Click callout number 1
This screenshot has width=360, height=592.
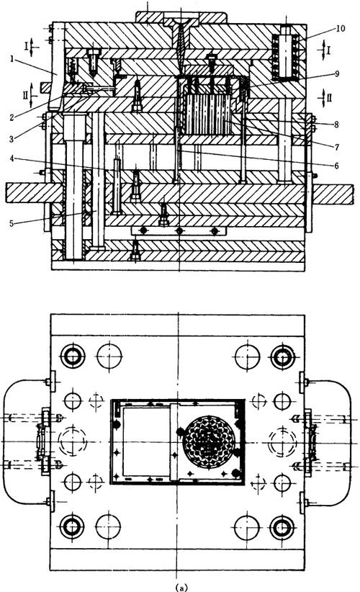(x=12, y=59)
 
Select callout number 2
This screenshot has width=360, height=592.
(x=12, y=117)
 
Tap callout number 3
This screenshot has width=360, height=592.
(x=12, y=139)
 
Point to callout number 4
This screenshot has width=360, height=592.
(x=12, y=158)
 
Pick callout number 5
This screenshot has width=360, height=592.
(x=12, y=223)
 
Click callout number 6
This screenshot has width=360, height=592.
(x=336, y=166)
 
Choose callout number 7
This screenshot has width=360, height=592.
(x=336, y=147)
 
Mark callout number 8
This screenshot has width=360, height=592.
(x=336, y=124)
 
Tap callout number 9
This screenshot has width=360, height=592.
(x=337, y=73)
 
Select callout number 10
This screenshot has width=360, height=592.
(x=341, y=28)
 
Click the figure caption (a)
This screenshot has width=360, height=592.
(x=181, y=588)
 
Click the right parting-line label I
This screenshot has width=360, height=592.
(x=330, y=50)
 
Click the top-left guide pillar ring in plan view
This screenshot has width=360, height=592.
(x=73, y=356)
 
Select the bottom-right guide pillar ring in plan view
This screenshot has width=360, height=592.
(x=283, y=526)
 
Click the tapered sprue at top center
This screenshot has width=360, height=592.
(x=179, y=48)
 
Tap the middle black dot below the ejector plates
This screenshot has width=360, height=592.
(x=179, y=230)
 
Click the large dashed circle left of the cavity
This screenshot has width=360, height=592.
(x=72, y=441)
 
